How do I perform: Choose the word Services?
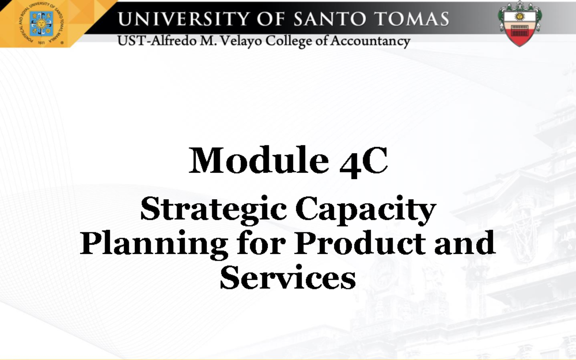coord(288,277)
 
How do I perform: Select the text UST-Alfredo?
coord(153,41)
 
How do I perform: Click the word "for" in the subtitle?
coord(261,242)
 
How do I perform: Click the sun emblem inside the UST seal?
coord(42,22)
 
